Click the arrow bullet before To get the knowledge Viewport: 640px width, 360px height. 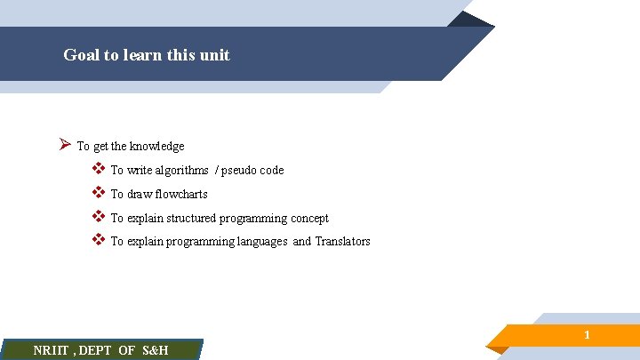(x=64, y=145)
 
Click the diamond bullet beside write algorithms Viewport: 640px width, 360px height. (x=98, y=169)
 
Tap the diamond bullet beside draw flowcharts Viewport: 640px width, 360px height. (x=98, y=193)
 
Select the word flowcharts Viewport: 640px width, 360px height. (x=181, y=195)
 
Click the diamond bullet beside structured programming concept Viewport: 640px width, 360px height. (x=98, y=217)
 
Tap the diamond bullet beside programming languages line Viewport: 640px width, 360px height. (x=98, y=240)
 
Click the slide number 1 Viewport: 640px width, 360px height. (x=587, y=335)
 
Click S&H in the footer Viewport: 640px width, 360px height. (x=155, y=350)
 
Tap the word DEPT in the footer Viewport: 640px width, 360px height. (x=97, y=350)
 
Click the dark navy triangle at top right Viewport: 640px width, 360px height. (x=471, y=19)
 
